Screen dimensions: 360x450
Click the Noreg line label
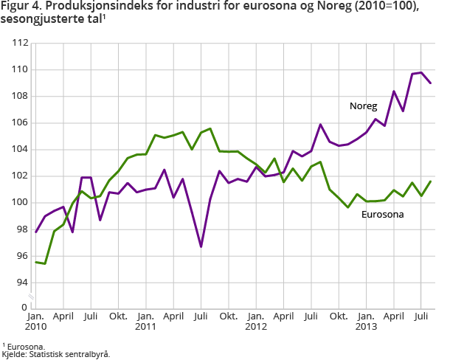click(x=363, y=106)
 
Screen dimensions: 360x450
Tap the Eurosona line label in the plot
click(x=382, y=215)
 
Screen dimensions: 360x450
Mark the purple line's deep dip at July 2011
click(x=201, y=246)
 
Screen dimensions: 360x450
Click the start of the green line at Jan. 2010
click(x=36, y=262)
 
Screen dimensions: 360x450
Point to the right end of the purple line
click(x=431, y=83)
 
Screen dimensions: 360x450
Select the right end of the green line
click(x=431, y=181)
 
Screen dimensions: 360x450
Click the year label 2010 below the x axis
click(x=35, y=326)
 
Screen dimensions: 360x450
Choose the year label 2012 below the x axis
click(x=256, y=326)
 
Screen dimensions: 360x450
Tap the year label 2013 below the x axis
click(x=366, y=326)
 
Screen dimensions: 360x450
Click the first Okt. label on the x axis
click(x=118, y=316)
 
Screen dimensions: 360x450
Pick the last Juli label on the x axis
click(x=421, y=316)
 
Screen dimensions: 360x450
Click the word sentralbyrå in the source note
click(x=90, y=354)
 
